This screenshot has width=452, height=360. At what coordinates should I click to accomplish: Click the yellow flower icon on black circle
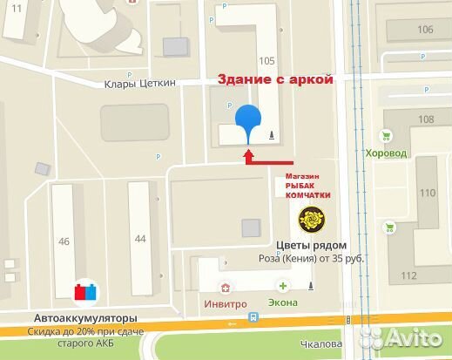click(x=309, y=217)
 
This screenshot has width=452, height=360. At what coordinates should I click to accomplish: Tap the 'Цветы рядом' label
click(x=312, y=245)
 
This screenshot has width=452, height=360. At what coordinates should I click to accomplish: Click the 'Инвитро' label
click(x=226, y=303)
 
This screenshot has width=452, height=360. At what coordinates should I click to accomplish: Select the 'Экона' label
click(x=283, y=303)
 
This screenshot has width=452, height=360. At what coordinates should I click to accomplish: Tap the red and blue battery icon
click(x=84, y=291)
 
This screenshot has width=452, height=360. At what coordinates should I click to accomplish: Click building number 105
click(x=266, y=60)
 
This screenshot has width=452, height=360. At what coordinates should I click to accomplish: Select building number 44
click(x=141, y=238)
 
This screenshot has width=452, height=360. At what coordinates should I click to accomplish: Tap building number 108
click(x=425, y=119)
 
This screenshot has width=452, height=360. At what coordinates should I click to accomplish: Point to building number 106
click(x=425, y=30)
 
